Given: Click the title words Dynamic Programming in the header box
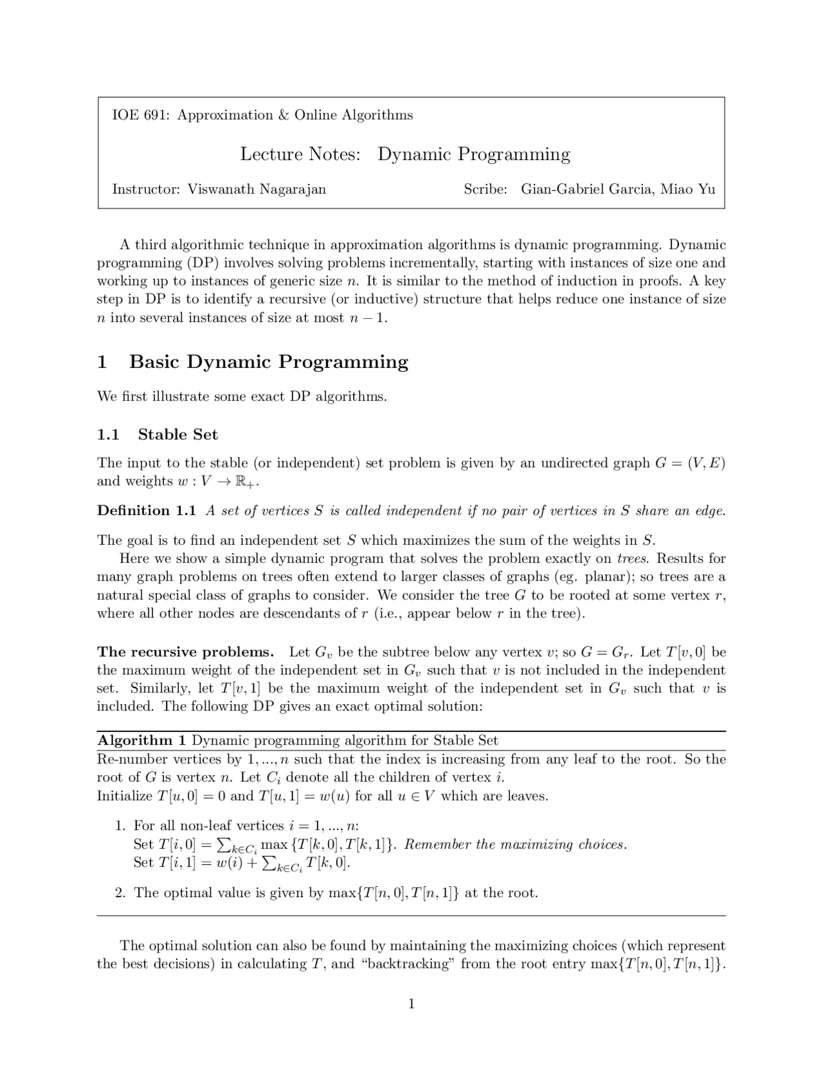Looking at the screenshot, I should pyautogui.click(x=474, y=154).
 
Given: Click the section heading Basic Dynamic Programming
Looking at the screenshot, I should pyautogui.click(x=269, y=362).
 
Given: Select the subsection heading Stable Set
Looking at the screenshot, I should pyautogui.click(x=178, y=435).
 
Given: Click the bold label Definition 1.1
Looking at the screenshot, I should pyautogui.click(x=147, y=511).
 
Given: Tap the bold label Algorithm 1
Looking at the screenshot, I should pyautogui.click(x=141, y=741).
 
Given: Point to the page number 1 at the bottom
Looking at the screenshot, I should pyautogui.click(x=411, y=1004).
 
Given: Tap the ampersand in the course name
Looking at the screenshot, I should pyautogui.click(x=284, y=115).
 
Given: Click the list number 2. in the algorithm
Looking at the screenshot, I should pyautogui.click(x=120, y=893).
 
